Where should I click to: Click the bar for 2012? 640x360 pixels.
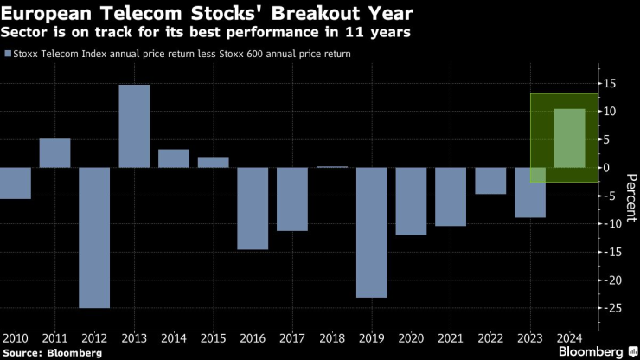coord(94,237)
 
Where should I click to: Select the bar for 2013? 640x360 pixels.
coord(134,125)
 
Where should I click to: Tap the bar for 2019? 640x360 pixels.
coord(372,232)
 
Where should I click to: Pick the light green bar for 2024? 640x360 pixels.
coord(570,138)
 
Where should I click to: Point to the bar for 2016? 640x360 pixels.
coord(253,208)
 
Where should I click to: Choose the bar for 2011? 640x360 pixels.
coord(54,152)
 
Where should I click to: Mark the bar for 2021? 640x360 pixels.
coord(451,196)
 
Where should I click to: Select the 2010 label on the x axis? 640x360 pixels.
coord(15,337)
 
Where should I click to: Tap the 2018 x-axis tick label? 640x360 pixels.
coord(332,337)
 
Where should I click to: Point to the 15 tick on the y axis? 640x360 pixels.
coord(610,84)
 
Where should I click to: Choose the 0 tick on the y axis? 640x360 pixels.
coord(606,167)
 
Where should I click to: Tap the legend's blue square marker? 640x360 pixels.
coord(8,55)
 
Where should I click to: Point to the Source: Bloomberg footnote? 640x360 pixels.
coord(53,352)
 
